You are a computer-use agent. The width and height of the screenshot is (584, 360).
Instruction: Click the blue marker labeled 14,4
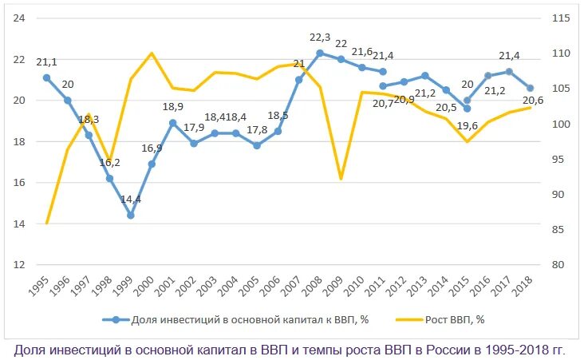tap(130, 215)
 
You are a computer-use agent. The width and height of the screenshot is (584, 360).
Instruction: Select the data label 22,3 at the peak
tap(320, 38)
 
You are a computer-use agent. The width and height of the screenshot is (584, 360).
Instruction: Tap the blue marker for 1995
tap(46, 77)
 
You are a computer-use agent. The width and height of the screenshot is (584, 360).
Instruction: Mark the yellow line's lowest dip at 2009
tap(341, 179)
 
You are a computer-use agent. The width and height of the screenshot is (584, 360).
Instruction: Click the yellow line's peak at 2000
tap(152, 53)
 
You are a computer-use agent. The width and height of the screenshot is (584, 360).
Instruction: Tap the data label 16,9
tap(151, 148)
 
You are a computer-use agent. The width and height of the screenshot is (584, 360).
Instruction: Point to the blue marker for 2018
tap(530, 88)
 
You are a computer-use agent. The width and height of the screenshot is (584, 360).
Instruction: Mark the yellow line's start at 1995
tap(46, 224)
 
